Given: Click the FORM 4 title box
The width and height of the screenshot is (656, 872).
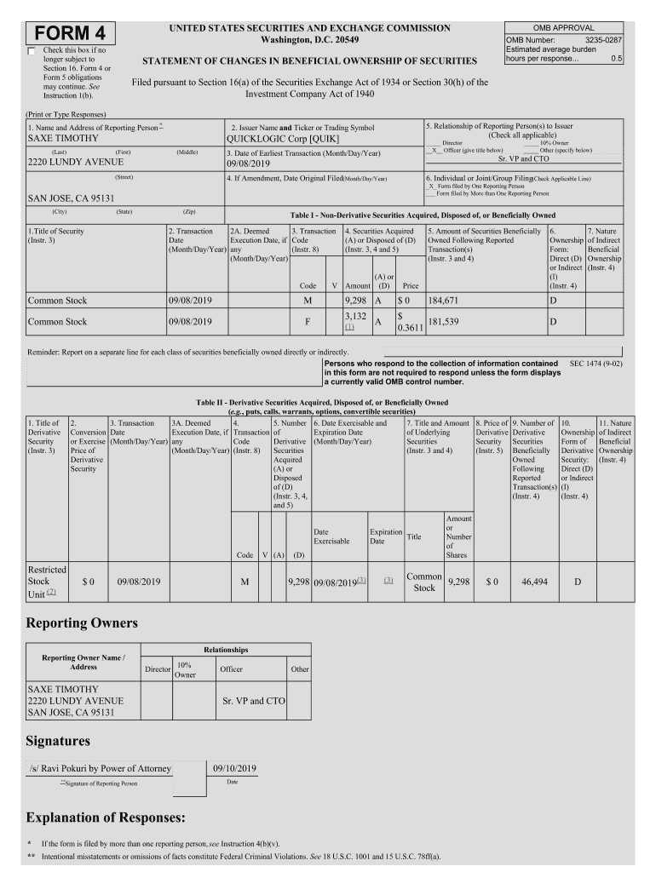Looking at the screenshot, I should tap(70, 33).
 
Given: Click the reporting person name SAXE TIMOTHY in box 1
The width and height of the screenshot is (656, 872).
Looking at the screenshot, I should tap(63, 138).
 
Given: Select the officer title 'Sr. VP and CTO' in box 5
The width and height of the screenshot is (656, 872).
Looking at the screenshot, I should tap(523, 159).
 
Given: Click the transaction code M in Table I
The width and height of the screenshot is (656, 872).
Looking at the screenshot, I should tap(308, 300).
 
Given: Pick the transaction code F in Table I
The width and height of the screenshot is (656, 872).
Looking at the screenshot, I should tap(308, 322).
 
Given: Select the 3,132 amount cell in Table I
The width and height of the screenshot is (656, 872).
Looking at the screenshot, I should tap(355, 316).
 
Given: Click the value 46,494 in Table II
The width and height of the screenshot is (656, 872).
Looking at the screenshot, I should tap(534, 582).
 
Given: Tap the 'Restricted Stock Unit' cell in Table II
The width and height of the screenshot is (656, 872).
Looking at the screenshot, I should tap(46, 582).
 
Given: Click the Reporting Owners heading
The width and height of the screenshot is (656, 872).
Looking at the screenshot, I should tap(82, 623).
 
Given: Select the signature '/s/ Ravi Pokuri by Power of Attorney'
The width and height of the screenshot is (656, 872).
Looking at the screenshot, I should tap(100, 768).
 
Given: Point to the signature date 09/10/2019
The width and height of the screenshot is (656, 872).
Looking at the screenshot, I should tap(233, 768).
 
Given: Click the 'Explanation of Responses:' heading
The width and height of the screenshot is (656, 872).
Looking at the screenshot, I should tap(106, 817).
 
